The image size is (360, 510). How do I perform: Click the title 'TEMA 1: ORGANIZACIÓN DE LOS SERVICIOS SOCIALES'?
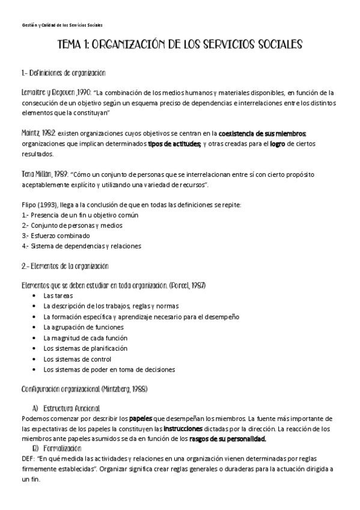point(180,45)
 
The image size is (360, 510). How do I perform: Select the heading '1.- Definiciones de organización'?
point(63,73)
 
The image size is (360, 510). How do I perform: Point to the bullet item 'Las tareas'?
point(58,296)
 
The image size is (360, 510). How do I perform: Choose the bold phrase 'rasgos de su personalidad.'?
point(227,439)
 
